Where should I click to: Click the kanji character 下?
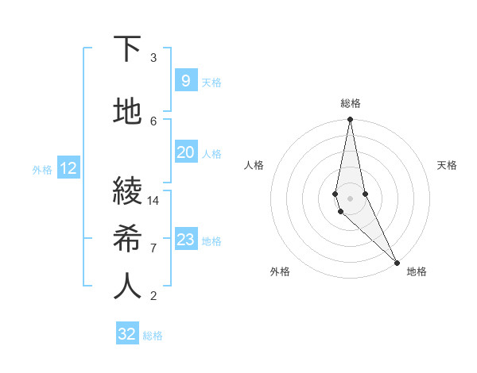127,49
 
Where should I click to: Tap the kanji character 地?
127,112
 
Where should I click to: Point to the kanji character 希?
127,239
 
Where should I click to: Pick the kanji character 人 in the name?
127,286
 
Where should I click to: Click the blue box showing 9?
185,80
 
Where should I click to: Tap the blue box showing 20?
185,152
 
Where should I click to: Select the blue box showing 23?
185,239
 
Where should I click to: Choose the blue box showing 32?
127,333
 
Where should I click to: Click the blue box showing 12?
68,168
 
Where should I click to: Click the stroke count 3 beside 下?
153,57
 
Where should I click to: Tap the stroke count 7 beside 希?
153,248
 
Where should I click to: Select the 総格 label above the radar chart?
350,104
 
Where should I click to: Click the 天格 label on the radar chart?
447,165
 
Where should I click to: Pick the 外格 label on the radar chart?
280,271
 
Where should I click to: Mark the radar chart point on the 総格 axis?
350,120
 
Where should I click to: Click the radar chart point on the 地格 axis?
397,262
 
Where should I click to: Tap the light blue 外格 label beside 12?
42,169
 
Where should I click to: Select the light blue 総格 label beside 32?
153,335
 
